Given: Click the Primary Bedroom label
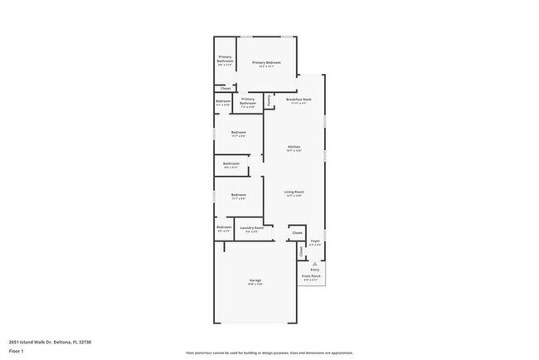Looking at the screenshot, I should pos(266,63).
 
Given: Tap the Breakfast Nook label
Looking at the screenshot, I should pos(299,100).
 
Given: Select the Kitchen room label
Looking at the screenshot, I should pos(294,147).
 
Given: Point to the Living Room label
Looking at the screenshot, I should pos(294,192).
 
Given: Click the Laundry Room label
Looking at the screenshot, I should pos(252,227).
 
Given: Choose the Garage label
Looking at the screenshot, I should pos(255,280).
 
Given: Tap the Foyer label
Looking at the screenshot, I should pos(315,241).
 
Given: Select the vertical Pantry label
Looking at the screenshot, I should pos(269,100).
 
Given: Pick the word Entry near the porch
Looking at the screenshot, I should pos(315,270).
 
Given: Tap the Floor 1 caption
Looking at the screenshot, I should pos(17,351).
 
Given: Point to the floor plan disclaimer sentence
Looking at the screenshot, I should pos(269,353).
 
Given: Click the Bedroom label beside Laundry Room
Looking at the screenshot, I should pos(224,227).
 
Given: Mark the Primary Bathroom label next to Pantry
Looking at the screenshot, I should pos(248,103).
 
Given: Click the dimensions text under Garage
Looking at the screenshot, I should pos(255,285).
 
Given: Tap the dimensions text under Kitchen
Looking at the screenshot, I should pos(294,151).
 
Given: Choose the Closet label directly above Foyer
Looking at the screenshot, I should pos(297,233).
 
